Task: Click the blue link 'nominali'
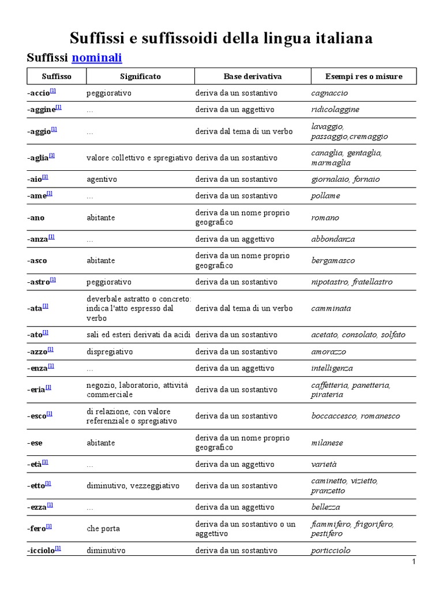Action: click(x=96, y=58)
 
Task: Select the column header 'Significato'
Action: click(x=140, y=76)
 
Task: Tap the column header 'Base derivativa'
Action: click(x=253, y=76)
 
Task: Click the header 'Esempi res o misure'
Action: click(x=363, y=76)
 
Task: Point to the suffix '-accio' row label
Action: click(x=39, y=93)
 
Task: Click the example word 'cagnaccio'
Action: click(x=329, y=93)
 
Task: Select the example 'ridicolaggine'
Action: click(x=335, y=109)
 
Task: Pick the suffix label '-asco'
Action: click(x=37, y=260)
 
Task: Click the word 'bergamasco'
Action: click(x=333, y=260)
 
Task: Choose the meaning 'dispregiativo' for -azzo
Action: click(x=110, y=351)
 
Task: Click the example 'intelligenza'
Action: click(x=332, y=368)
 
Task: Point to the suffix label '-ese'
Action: click(x=35, y=443)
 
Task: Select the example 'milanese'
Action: click(x=327, y=443)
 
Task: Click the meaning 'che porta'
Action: click(x=103, y=528)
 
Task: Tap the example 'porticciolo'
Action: click(x=331, y=550)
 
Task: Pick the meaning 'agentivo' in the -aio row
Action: click(x=102, y=179)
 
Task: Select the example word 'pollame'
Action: click(x=325, y=196)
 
